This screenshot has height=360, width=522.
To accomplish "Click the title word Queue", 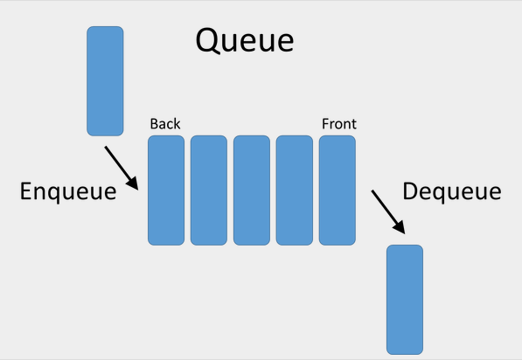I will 244,40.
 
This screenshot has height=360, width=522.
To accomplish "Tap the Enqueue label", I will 68,192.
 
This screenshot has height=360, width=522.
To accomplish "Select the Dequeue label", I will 451,192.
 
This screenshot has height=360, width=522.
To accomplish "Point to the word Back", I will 164,124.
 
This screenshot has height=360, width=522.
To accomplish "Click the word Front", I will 338,124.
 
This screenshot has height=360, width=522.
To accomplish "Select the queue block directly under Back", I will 165,190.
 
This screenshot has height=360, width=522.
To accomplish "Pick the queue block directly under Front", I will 338,190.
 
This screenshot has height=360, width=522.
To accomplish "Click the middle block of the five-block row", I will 251,190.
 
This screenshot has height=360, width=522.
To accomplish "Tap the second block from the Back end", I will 208,190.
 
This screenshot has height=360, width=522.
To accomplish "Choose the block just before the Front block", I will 295,190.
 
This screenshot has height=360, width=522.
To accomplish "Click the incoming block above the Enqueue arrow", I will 105,80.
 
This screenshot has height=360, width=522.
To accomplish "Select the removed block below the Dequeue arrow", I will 405,299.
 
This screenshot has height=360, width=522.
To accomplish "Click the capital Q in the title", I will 208,40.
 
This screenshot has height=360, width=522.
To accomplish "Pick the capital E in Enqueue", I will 27,192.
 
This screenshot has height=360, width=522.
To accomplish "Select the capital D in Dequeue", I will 411,192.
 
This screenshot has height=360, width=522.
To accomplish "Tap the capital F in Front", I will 325,124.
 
